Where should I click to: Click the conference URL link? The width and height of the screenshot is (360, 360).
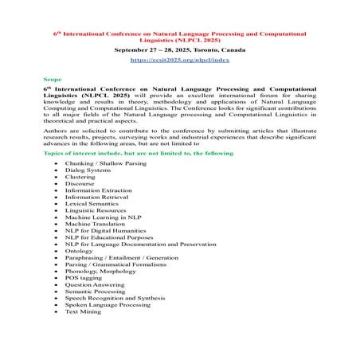pyautogui.click(x=179, y=60)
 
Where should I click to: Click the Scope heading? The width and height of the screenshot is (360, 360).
pyautogui.click(x=53, y=80)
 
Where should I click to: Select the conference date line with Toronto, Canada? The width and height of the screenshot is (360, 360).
pyautogui.click(x=179, y=49)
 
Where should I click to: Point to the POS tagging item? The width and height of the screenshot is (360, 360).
pyautogui.click(x=84, y=279)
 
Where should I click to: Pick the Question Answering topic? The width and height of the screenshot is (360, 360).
pyautogui.click(x=94, y=285)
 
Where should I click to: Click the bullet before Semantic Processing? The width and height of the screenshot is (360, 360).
pyautogui.click(x=55, y=292)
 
